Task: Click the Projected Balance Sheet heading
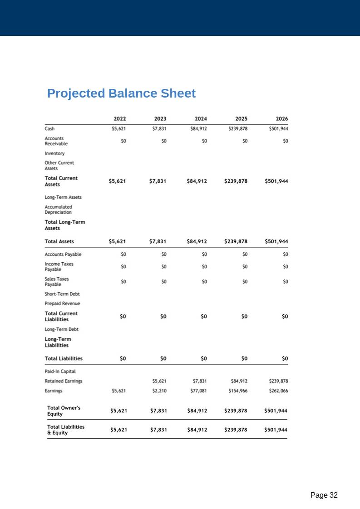pos(121,93)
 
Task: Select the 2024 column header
pos(201,119)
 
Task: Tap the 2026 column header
pos(281,119)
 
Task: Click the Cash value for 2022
pos(119,128)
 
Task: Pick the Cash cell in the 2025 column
pos(238,128)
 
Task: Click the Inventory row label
pos(54,153)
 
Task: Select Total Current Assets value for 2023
pos(158,181)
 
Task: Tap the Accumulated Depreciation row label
pos(58,210)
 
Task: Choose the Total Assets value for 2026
pos(276,241)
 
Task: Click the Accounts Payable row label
pos(63,254)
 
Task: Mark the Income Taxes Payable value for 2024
pos(204,267)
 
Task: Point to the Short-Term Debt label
pos(62,294)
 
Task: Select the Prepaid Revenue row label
pos(62,303)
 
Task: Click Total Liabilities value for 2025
pos(244,358)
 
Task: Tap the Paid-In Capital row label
pos(60,372)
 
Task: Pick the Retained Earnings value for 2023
pos(159,381)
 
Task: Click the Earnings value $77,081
pos(198,391)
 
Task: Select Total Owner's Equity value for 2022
pos(118,411)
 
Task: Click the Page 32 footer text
pos(324,495)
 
